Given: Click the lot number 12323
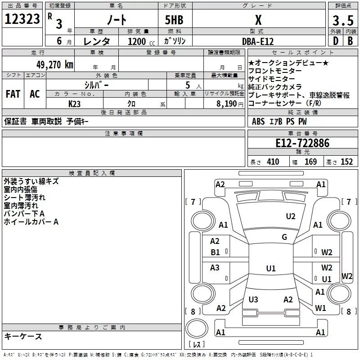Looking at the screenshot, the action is pyautogui.click(x=22, y=19).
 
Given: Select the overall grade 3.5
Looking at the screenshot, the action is pyautogui.click(x=343, y=20).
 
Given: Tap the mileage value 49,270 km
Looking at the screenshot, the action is pyautogui.click(x=55, y=65).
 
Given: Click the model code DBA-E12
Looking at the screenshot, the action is pyautogui.click(x=258, y=41).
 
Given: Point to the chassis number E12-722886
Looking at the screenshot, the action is pyautogui.click(x=302, y=143).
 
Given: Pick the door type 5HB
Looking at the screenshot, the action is pyautogui.click(x=174, y=20).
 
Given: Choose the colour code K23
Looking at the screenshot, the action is pyautogui.click(x=74, y=104).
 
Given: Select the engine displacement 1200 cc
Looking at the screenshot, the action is pyautogui.click(x=141, y=41).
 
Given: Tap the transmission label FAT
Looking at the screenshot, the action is pyautogui.click(x=13, y=94).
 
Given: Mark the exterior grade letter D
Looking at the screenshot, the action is pyautogui.click(x=336, y=41).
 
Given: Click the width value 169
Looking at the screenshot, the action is pyautogui.click(x=310, y=162).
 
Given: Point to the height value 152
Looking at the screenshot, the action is pyautogui.click(x=346, y=162).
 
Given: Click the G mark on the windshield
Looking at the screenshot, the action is pyautogui.click(x=284, y=237).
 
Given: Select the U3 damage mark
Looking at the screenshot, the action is pyautogui.click(x=253, y=299).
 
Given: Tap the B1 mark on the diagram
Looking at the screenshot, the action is pyautogui.click(x=216, y=252).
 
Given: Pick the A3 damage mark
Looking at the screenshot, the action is pyautogui.click(x=215, y=267).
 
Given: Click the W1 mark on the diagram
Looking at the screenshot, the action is pyautogui.click(x=320, y=308).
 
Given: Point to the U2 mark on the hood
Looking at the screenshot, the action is pyautogui.click(x=291, y=216).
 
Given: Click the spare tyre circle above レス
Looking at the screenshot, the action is pyautogui.click(x=197, y=328).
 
